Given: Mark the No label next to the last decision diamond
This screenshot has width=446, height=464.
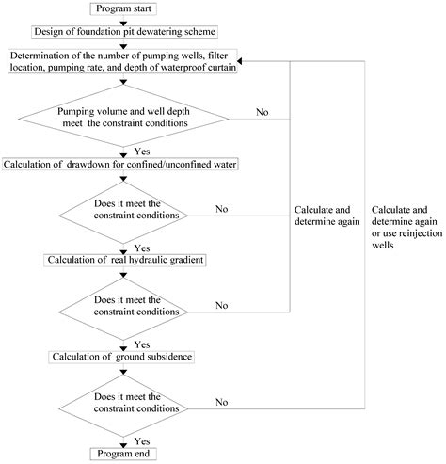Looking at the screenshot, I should (223, 402).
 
